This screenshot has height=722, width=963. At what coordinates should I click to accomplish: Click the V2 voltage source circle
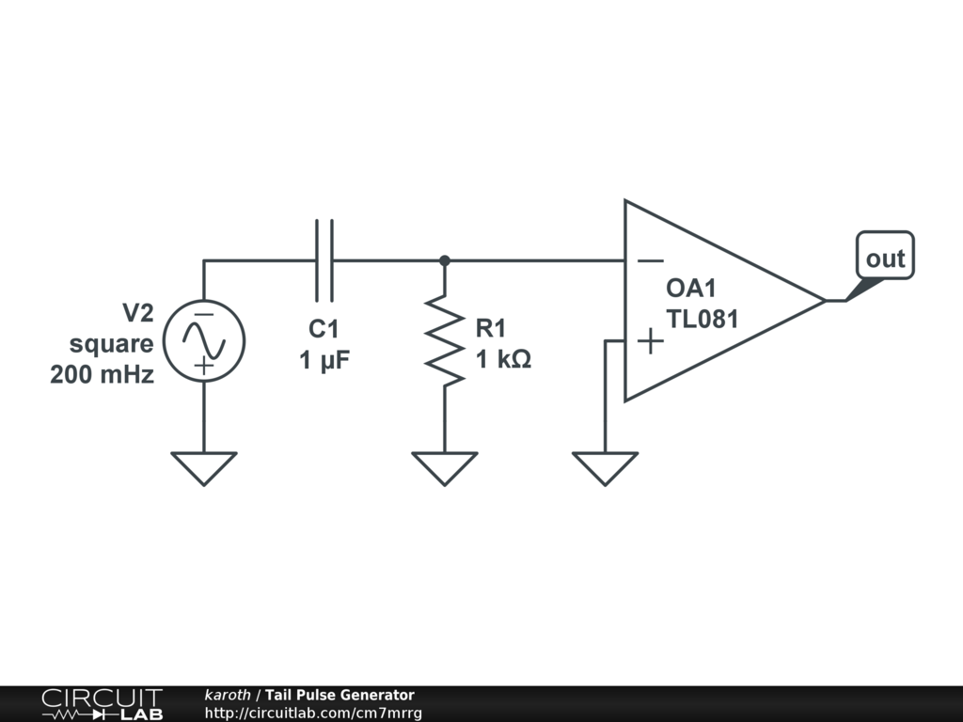click(204, 300)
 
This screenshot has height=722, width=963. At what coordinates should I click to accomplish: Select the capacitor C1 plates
click(324, 261)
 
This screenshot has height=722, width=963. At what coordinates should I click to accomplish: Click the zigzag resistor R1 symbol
click(445, 340)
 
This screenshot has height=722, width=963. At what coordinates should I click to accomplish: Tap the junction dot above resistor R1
click(445, 261)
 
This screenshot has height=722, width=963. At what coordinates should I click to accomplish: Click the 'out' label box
click(885, 256)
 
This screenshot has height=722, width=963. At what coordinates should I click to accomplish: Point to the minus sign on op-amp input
click(651, 261)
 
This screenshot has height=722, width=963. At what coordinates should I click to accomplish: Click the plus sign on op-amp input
click(651, 340)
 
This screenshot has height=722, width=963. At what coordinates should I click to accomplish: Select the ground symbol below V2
click(204, 469)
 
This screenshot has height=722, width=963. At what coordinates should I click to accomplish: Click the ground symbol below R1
click(445, 469)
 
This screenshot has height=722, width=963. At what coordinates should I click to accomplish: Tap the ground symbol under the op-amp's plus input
click(605, 469)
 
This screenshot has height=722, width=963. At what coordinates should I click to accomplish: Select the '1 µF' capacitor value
click(324, 360)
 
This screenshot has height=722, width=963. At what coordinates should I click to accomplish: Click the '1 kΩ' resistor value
click(504, 359)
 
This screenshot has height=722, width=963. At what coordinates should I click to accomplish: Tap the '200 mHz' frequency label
click(102, 374)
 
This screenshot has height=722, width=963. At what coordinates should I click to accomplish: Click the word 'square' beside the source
click(111, 344)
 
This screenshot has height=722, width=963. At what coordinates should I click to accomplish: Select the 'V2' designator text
click(138, 313)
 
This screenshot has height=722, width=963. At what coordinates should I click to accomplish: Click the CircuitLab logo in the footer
click(103, 704)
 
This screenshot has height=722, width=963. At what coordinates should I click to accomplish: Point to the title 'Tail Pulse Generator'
click(339, 695)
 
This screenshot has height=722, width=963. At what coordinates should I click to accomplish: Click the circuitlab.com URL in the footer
click(313, 713)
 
